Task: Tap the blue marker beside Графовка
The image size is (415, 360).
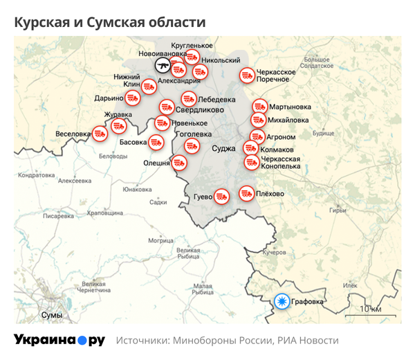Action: [282, 301]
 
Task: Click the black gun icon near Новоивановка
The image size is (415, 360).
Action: [163, 66]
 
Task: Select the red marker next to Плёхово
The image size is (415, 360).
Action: [246, 194]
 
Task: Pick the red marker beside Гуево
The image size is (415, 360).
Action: [221, 196]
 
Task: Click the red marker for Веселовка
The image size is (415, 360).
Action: [100, 133]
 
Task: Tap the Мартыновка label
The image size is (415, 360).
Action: [290, 107]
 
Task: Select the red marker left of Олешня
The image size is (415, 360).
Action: [179, 163]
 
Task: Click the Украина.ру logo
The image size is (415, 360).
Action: [59, 340]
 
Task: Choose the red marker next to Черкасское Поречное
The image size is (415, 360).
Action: [247, 75]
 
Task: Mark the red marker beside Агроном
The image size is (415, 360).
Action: [257, 136]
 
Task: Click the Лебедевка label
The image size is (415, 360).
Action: [217, 99]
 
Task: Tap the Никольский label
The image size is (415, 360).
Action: [221, 61]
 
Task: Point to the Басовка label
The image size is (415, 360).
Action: [133, 142]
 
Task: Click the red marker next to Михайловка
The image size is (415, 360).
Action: [257, 120]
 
